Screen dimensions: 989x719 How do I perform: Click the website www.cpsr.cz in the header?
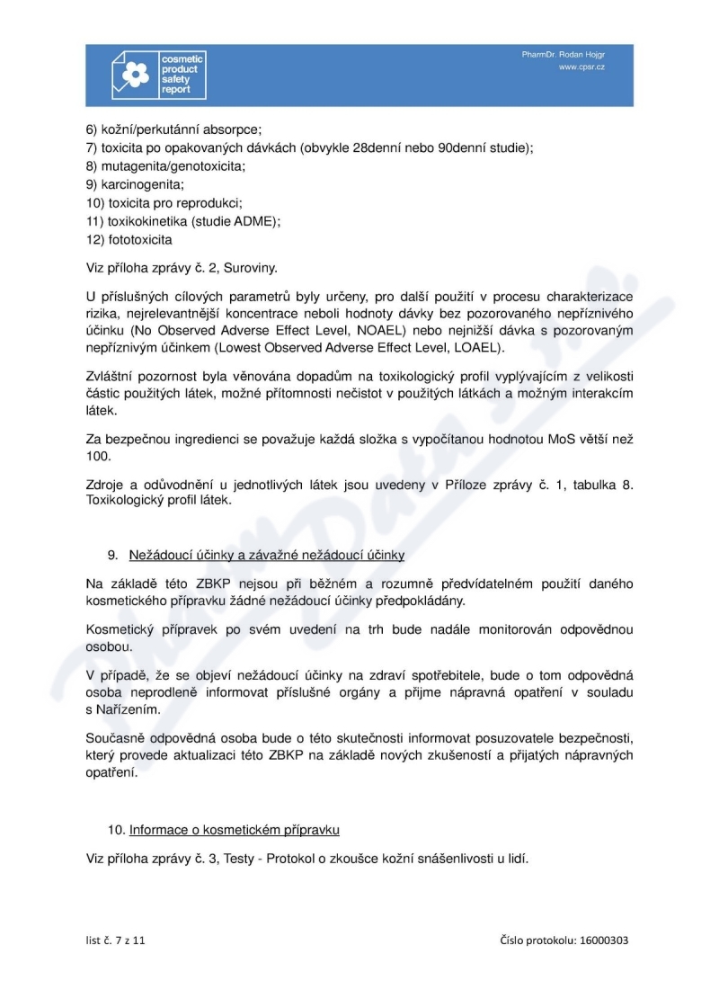point(581,67)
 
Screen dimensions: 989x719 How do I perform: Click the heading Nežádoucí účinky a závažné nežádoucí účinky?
point(272,555)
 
